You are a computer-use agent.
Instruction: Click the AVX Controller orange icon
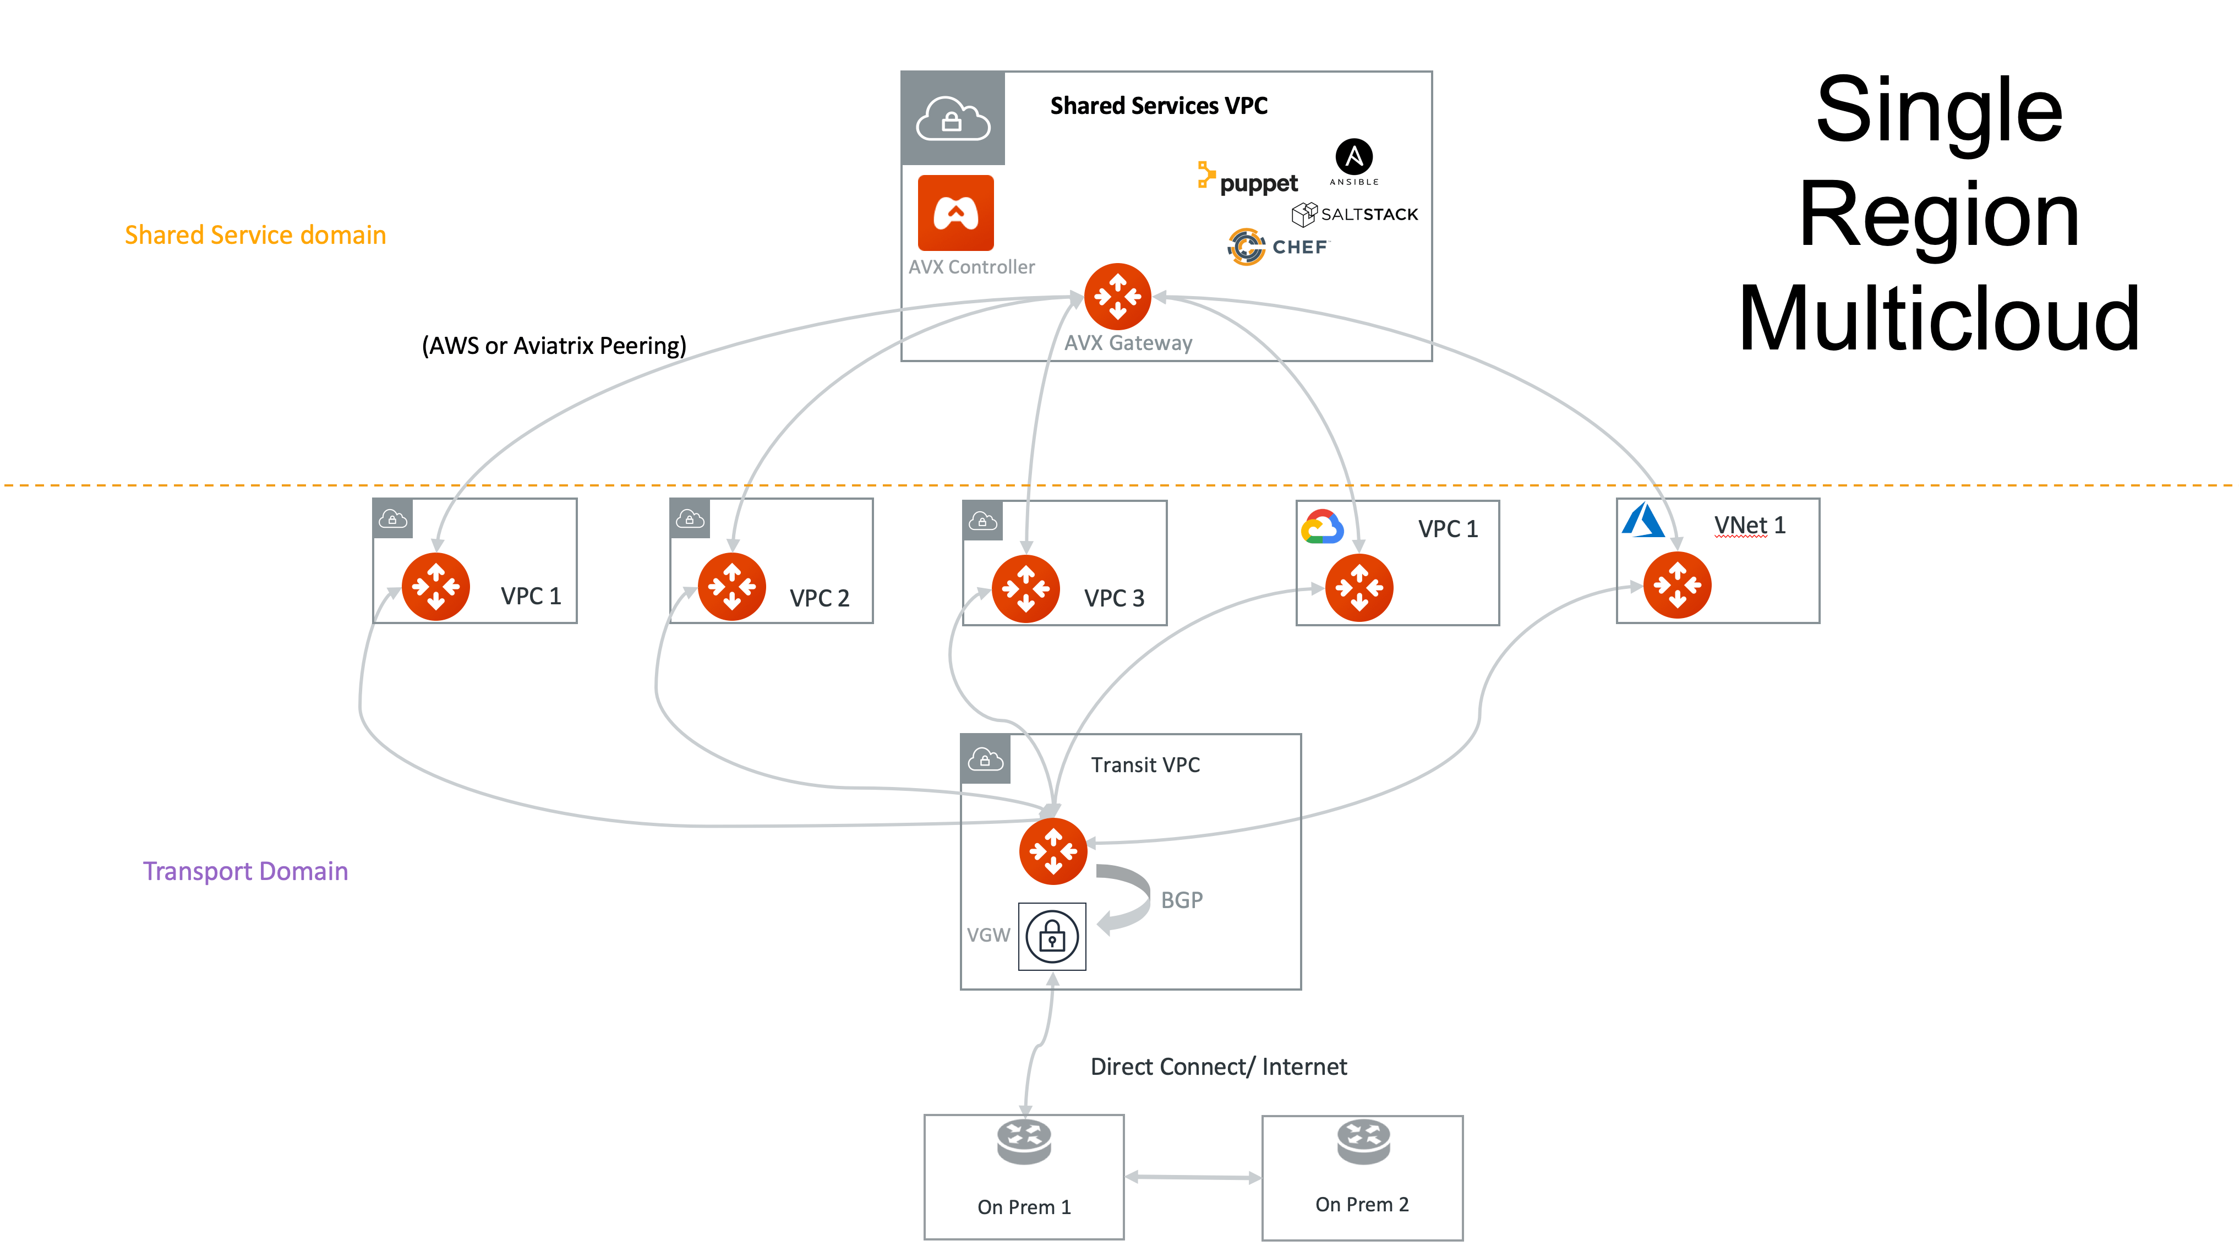[955, 213]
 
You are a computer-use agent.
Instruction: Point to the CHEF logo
[1277, 247]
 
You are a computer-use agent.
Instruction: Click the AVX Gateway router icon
[1118, 297]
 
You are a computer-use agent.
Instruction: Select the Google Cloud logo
[1322, 527]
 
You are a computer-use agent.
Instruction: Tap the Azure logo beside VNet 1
[1643, 520]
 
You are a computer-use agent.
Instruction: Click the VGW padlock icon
[1052, 936]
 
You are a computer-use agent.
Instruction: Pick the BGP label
[1181, 900]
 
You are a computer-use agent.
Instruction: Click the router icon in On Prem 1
[1024, 1141]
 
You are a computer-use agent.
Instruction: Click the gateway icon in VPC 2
[732, 587]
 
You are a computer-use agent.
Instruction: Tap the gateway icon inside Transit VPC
[1052, 851]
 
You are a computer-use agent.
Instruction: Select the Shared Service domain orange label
[255, 234]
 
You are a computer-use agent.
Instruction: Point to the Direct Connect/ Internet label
[1219, 1067]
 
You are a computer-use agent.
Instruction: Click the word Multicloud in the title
[1938, 319]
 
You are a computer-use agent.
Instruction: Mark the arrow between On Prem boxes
[1193, 1178]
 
